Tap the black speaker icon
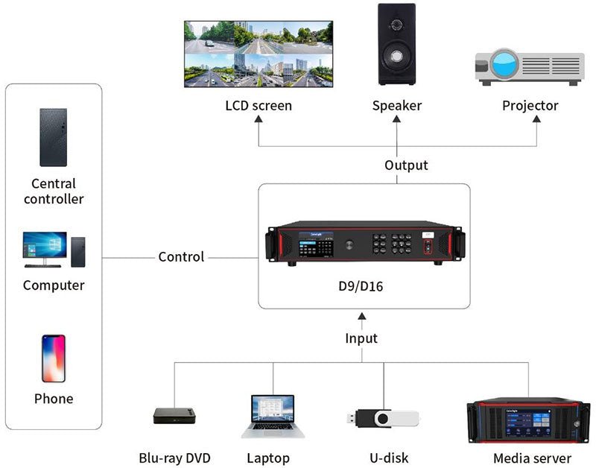(396, 45)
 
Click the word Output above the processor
(406, 165)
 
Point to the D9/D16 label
(364, 285)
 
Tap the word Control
(180, 257)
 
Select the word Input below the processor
(361, 338)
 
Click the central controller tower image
(53, 137)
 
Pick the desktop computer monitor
(45, 247)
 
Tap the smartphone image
(53, 358)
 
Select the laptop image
(272, 417)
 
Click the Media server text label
(532, 458)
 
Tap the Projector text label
(530, 106)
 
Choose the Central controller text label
(54, 192)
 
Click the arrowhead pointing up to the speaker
(396, 120)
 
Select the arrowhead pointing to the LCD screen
(259, 120)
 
